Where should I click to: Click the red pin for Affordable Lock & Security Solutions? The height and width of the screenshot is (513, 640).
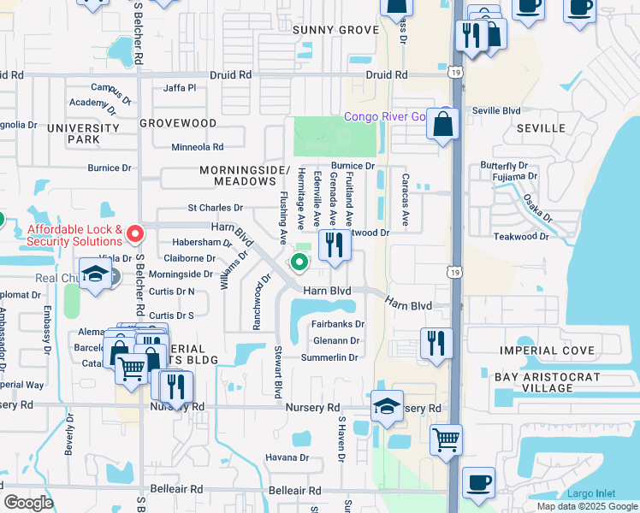pyautogui.click(x=134, y=233)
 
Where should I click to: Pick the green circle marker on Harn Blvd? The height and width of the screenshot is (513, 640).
pyautogui.click(x=299, y=262)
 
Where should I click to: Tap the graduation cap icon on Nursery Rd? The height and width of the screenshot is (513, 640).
pyautogui.click(x=387, y=406)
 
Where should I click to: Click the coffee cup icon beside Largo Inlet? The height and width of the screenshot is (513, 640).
pyautogui.click(x=478, y=481)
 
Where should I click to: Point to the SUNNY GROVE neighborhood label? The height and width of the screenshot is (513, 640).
pyautogui.click(x=335, y=30)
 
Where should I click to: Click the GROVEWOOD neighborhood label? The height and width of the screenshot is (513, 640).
pyautogui.click(x=178, y=123)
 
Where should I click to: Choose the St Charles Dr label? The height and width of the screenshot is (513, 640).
pyautogui.click(x=216, y=208)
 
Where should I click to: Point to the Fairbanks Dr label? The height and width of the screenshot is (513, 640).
pyautogui.click(x=338, y=325)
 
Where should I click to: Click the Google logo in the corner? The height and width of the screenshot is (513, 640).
pyautogui.click(x=28, y=503)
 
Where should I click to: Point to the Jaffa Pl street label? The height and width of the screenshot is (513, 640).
pyautogui.click(x=180, y=88)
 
